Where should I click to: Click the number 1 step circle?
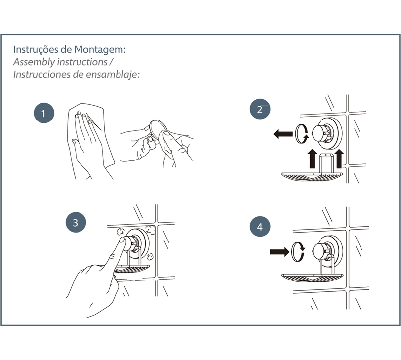(44, 113)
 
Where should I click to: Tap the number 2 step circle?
(260, 109)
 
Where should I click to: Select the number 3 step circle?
(76, 222)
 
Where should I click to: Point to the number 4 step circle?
(260, 227)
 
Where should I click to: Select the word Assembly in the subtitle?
(34, 62)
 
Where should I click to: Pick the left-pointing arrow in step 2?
(283, 134)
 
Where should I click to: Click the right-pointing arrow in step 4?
(280, 252)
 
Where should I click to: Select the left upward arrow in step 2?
(312, 159)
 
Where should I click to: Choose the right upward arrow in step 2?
(339, 159)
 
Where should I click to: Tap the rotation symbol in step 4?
(298, 251)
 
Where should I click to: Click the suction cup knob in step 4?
(321, 252)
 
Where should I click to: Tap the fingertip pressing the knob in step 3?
(123, 240)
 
